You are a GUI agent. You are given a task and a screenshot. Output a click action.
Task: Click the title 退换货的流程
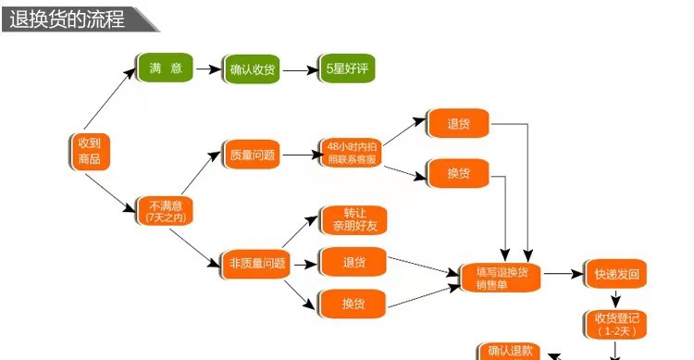coord(66,18)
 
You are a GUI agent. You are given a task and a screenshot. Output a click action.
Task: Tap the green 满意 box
coord(164,68)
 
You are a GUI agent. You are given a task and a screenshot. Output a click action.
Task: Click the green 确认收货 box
coord(253,69)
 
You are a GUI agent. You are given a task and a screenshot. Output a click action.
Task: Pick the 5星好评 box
coord(345,68)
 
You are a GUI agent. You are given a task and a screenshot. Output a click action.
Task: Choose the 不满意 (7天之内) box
coord(165,210)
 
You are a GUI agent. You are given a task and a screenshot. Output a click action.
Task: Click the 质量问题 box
coord(252,155)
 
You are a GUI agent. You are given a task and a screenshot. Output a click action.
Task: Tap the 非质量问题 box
coord(257,264)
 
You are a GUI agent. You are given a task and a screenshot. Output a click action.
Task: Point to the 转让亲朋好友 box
coord(352,219)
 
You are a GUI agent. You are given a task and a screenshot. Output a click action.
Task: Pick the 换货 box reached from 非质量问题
coord(352,304)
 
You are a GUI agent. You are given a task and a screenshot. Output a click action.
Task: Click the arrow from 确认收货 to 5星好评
coord(298,69)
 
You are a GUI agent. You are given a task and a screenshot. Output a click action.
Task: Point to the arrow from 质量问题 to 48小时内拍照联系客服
coord(300,155)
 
